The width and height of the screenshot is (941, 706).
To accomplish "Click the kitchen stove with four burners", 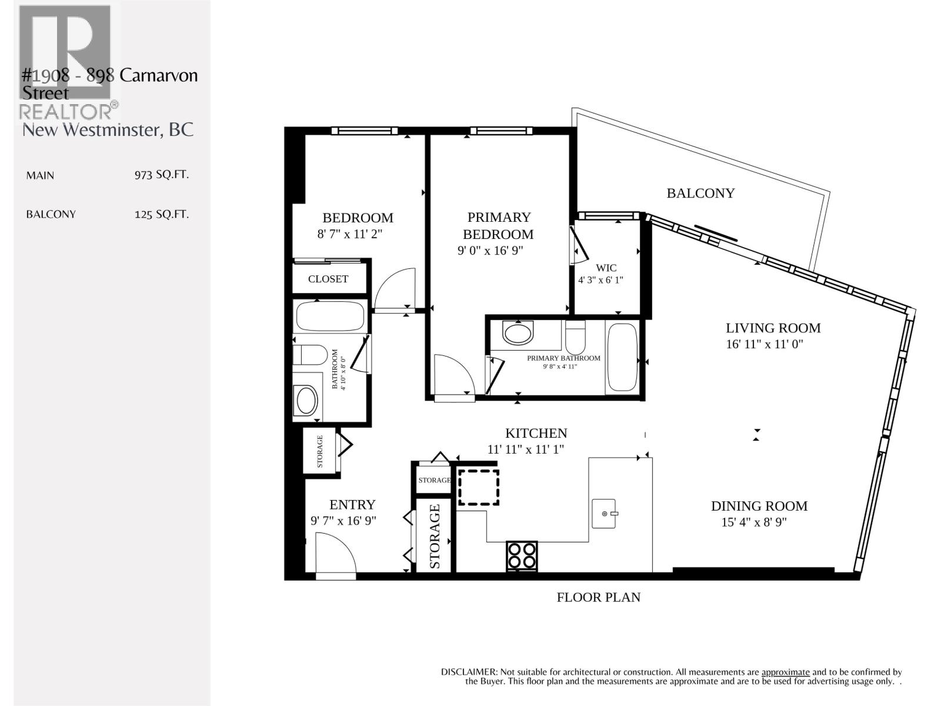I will coord(522,555).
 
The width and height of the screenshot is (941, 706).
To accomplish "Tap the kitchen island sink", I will coord(604,513).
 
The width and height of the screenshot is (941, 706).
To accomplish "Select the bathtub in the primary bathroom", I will coord(622,357).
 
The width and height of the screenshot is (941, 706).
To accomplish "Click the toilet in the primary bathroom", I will coord(575,337).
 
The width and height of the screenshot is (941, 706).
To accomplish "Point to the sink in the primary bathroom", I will coord(518,333).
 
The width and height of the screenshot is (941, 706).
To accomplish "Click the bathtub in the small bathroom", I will coord(330,317).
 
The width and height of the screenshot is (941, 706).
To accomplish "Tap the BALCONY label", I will coord(700,193).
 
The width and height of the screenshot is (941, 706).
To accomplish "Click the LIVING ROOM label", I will coord(772,328).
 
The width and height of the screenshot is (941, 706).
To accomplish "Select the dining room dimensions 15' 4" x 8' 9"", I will coord(754,522).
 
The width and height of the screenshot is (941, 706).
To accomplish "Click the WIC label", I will coord(606,268).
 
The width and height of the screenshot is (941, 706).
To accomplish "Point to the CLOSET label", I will coord(328,279).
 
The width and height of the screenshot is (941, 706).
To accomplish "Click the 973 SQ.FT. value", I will coord(161,175).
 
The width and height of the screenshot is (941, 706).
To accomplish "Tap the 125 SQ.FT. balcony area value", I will coord(161,214).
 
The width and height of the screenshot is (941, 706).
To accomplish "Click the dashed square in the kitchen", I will coord(479,487).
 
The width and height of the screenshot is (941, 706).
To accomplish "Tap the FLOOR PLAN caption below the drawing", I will coord(598,597).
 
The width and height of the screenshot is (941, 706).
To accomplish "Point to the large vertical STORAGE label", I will coord(435,536).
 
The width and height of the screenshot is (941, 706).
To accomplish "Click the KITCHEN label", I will coord(536,433).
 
